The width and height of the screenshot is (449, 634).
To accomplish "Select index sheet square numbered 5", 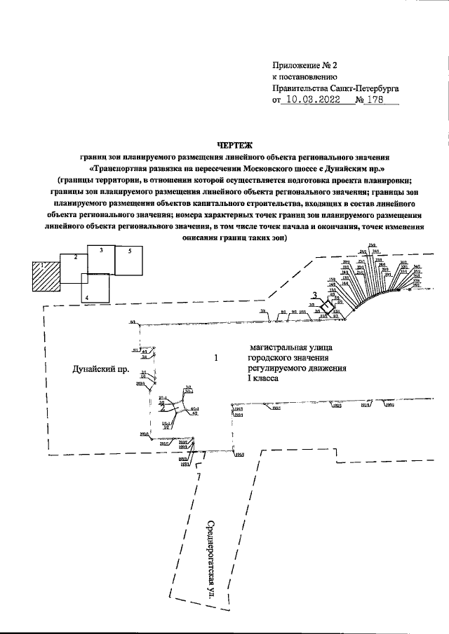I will (x=128, y=260).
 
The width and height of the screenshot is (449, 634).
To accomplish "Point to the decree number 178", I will (x=379, y=101).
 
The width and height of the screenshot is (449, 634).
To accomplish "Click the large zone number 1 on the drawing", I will (x=217, y=358).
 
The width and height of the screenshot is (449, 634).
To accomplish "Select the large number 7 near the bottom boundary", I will (x=200, y=478).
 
